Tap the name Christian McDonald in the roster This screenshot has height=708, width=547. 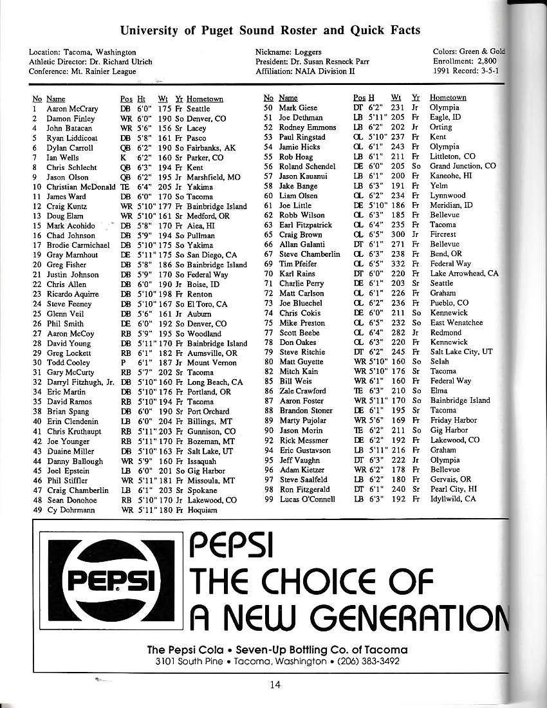[x=79, y=187]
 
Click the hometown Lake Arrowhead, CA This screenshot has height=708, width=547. [x=464, y=274]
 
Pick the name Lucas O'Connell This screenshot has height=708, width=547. [x=307, y=499]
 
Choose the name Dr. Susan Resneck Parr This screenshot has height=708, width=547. [x=334, y=62]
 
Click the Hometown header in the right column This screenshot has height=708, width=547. [x=448, y=98]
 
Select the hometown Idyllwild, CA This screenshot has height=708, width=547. [x=453, y=499]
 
